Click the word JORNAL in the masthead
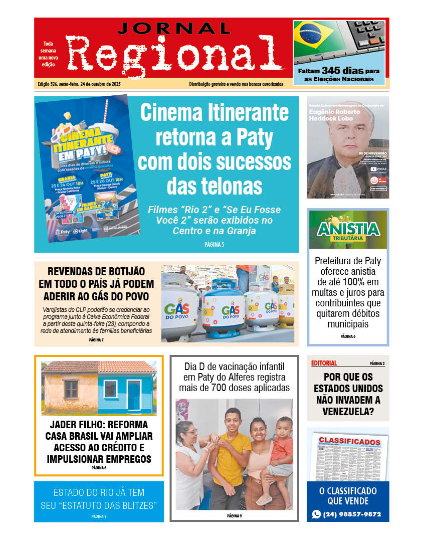(x=174, y=29)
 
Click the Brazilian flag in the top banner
(x=315, y=39)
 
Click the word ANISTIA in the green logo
(x=348, y=229)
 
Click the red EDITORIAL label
(x=324, y=363)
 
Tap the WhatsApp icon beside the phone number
(x=316, y=514)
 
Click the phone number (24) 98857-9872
(x=352, y=514)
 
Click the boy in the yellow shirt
(x=231, y=451)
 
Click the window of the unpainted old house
(x=71, y=390)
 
